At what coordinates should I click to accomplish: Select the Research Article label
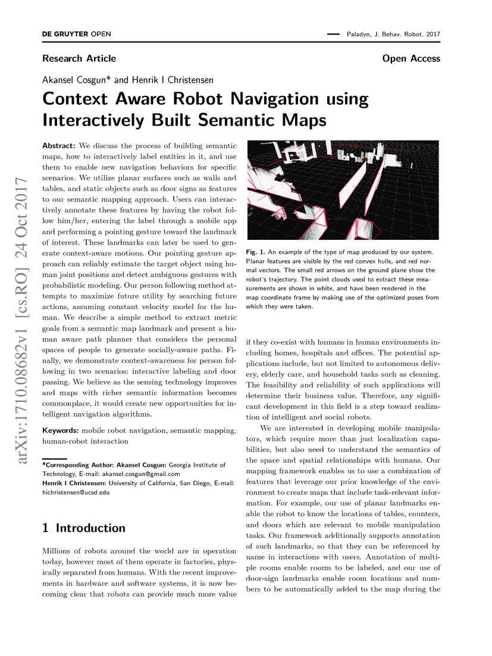[x=79, y=58]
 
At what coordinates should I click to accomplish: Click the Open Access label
[x=411, y=58]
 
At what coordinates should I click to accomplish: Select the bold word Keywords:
[x=61, y=430]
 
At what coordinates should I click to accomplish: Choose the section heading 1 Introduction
[x=84, y=528]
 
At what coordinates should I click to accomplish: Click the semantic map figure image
[x=343, y=190]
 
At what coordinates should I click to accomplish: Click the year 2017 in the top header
[x=431, y=35]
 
